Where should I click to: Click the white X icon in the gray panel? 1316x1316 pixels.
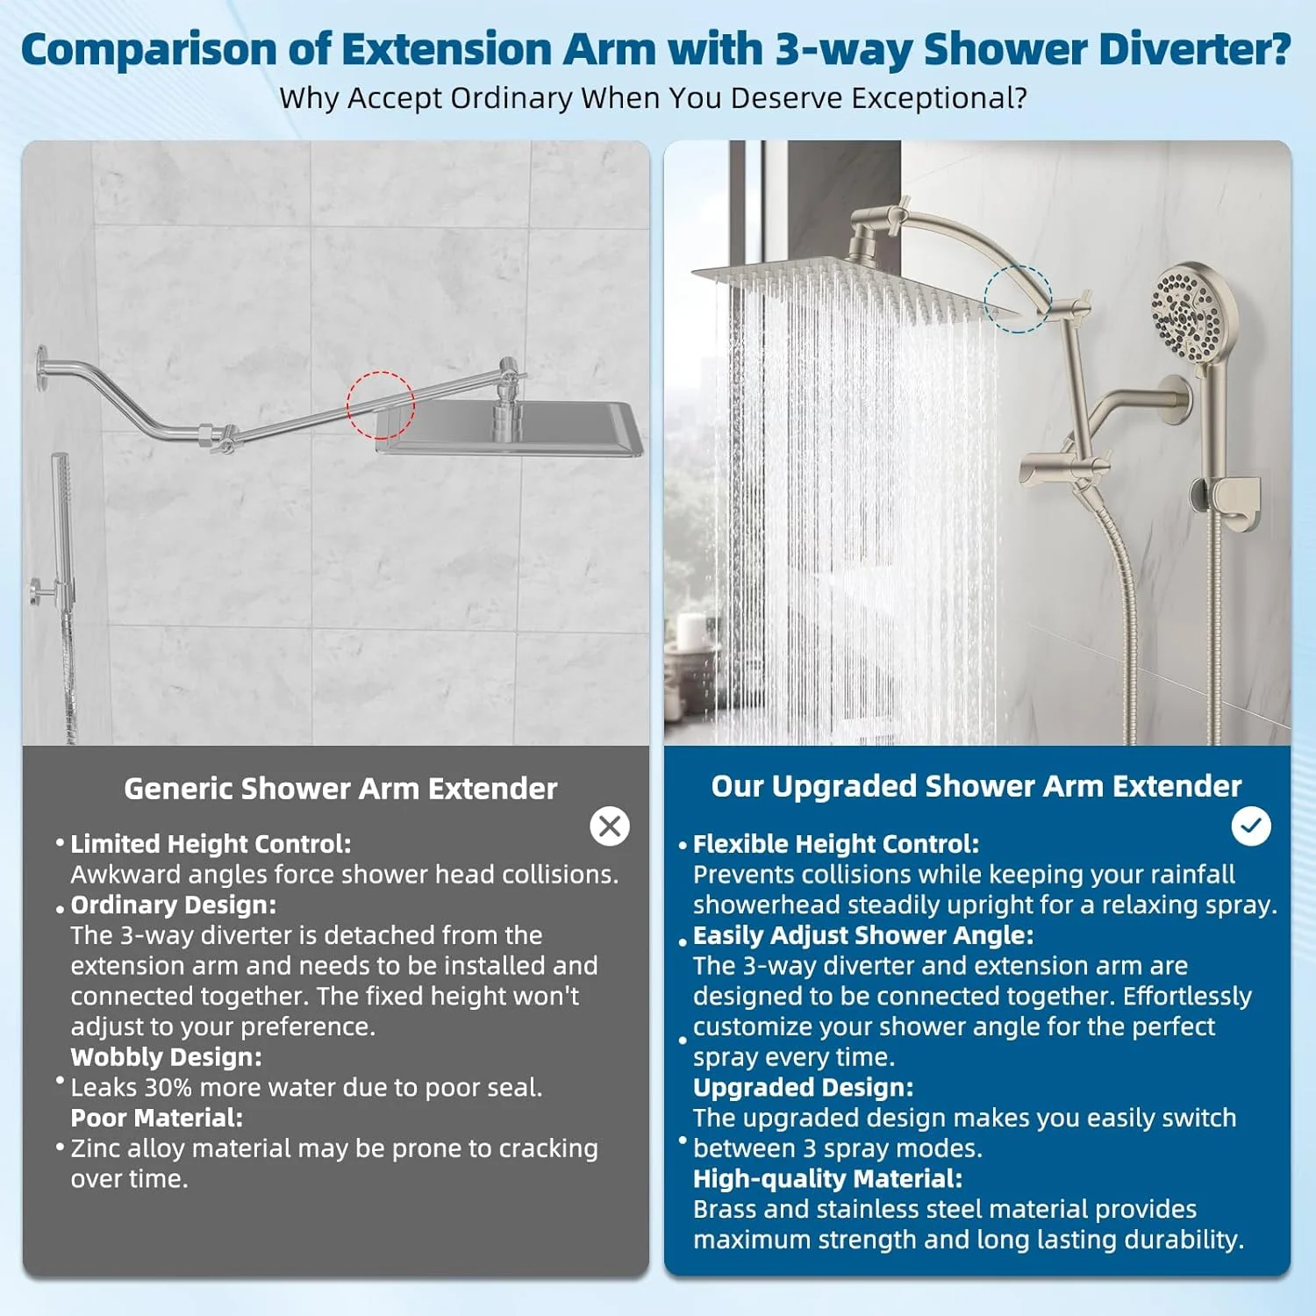click(x=610, y=826)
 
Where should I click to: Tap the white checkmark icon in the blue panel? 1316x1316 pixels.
click(x=1251, y=826)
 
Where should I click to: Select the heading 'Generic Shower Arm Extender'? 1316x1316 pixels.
click(x=340, y=789)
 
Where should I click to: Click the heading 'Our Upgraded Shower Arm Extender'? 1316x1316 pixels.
click(x=976, y=786)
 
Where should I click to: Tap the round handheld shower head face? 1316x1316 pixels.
click(x=1184, y=311)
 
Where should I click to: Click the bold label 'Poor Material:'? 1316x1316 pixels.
click(x=157, y=1118)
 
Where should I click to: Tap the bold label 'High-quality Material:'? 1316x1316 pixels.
click(x=827, y=1179)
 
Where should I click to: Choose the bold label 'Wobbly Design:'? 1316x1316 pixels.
click(x=167, y=1057)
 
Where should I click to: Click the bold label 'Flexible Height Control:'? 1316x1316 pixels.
click(x=836, y=844)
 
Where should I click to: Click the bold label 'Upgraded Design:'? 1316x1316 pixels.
click(x=804, y=1088)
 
